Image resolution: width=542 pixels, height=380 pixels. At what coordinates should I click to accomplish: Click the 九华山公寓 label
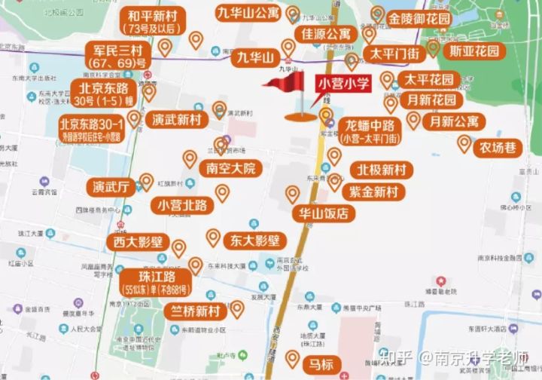click(248, 13)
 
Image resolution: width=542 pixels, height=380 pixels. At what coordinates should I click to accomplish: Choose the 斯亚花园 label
click(474, 51)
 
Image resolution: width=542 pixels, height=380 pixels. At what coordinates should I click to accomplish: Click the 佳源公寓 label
click(327, 35)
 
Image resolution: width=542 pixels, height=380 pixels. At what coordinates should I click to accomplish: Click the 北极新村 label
click(381, 170)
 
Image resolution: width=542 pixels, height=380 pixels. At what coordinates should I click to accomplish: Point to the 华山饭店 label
click(324, 213)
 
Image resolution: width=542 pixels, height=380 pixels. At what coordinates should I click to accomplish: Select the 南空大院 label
click(230, 168)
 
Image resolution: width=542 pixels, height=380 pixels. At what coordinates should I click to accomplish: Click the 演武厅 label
click(111, 187)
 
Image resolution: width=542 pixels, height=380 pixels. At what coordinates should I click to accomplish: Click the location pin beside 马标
click(294, 358)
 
